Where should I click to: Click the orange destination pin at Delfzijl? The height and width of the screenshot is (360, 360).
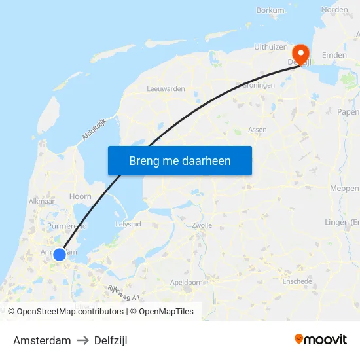pos(300,53)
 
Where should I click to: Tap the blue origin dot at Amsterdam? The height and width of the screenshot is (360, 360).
pos(60,254)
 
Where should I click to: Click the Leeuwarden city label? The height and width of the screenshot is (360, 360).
pos(166,88)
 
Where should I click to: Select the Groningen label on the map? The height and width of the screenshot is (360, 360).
pos(258,85)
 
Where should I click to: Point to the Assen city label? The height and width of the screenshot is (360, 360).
pos(257,130)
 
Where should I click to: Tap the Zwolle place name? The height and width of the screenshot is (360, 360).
pos(202,225)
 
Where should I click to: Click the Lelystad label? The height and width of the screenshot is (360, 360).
pos(128,224)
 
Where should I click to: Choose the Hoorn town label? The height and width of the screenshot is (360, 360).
pos(80,196)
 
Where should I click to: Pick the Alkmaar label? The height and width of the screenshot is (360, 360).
pos(41,202)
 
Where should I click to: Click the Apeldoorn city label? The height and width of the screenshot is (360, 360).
pos(187,283)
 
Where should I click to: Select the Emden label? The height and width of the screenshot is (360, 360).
pos(334,56)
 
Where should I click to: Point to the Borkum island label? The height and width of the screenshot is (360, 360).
pos(270,10)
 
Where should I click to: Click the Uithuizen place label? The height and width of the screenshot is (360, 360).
pos(270,48)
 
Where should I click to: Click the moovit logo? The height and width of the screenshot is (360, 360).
pos(321,340)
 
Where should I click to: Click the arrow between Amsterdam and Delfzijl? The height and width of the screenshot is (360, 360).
pos(82,340)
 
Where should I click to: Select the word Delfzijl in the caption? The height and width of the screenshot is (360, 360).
pos(111,340)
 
